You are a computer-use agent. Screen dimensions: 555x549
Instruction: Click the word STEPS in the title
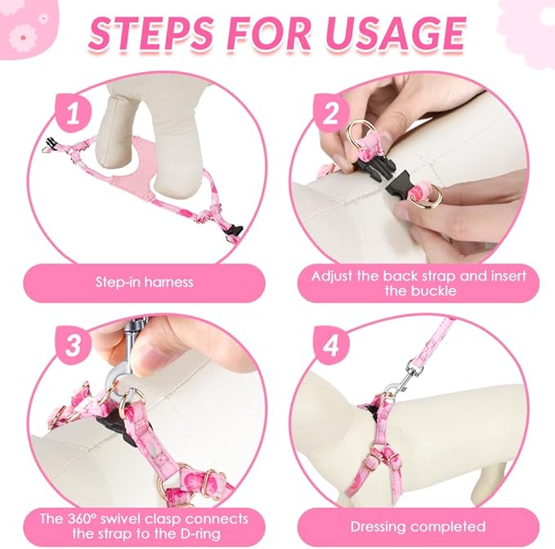pos(150,34)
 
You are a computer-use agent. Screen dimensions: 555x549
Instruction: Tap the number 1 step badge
pos(74,113)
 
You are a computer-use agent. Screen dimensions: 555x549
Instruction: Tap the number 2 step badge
pos(330,113)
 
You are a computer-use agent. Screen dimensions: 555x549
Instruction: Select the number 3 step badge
pos(74,344)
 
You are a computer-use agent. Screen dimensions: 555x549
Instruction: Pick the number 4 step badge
pos(330,344)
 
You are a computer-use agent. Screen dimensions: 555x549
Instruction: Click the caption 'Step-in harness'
pos(145,282)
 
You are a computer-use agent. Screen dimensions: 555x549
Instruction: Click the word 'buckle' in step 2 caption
pos(433,291)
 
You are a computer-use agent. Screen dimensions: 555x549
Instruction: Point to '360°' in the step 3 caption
pos(81,519)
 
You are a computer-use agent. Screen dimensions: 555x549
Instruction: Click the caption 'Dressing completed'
pos(418,527)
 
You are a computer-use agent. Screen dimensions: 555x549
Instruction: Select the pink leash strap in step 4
pos(436,340)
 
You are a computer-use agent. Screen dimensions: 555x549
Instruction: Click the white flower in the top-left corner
pos(23,37)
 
